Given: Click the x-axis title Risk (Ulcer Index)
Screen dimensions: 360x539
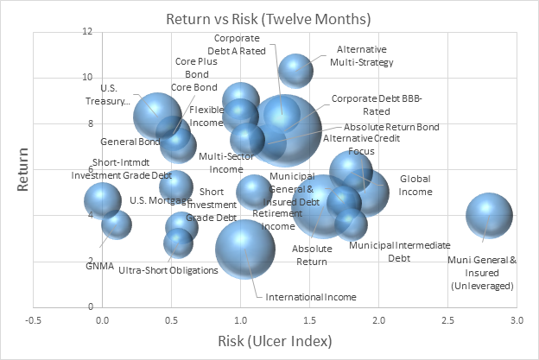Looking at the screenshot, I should (274, 341).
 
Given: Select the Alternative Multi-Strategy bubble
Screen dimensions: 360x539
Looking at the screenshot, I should (296, 72).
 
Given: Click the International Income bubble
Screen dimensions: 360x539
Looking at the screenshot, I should (245, 249).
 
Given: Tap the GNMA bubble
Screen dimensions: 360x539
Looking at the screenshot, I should (117, 224).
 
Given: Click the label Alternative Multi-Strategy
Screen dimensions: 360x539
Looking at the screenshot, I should (362, 55).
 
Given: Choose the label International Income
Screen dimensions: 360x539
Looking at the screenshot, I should (310, 297).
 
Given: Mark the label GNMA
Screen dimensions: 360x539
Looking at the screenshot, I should (99, 265).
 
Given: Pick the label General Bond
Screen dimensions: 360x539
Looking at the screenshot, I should (130, 142).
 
